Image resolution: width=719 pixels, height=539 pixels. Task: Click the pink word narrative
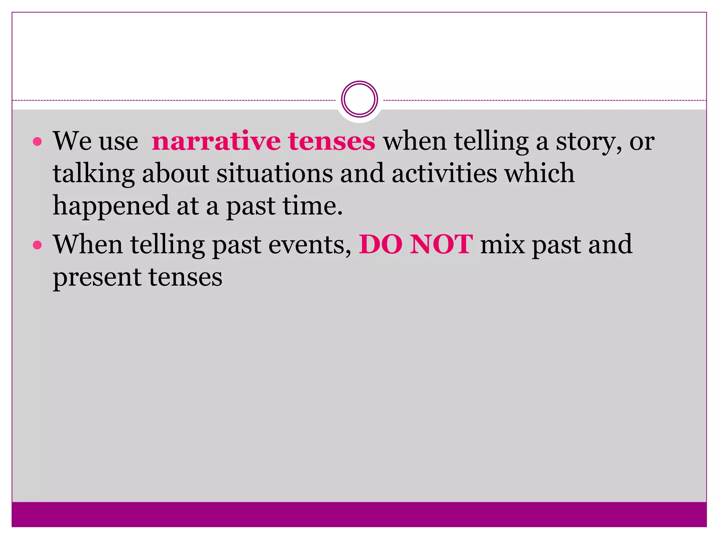(x=216, y=141)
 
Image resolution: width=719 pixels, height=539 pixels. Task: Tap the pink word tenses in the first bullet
(x=332, y=141)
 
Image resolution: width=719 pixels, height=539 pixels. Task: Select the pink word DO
(x=381, y=245)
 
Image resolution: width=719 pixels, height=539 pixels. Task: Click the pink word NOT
(x=441, y=245)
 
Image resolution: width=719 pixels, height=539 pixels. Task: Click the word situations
(x=274, y=173)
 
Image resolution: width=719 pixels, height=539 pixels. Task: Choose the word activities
(x=444, y=173)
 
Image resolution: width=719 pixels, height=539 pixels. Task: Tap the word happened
(x=111, y=206)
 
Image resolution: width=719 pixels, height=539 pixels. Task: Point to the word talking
(x=93, y=174)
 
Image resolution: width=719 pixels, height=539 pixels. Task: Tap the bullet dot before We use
(x=37, y=142)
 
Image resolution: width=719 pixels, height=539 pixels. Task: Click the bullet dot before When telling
(x=37, y=245)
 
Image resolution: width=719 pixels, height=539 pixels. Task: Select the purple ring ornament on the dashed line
(x=359, y=99)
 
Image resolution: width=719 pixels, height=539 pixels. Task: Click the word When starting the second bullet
(x=88, y=245)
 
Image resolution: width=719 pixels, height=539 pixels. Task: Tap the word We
(x=72, y=141)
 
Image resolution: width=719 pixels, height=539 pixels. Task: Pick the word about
(x=176, y=173)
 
